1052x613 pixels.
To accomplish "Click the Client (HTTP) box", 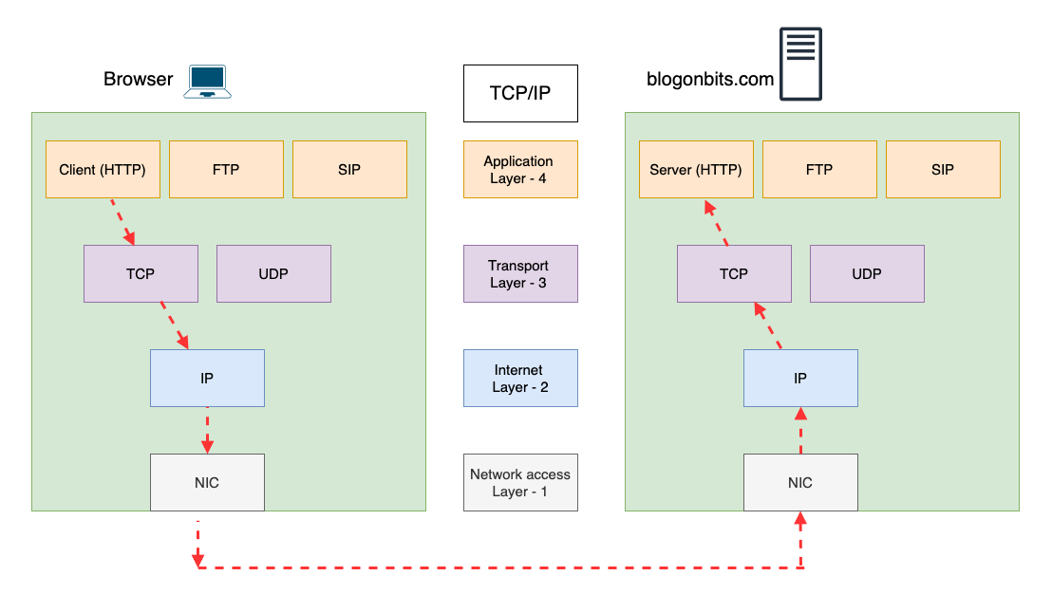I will point(103,170).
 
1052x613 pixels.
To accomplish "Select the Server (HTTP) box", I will point(696,170).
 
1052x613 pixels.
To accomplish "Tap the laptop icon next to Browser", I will point(209,82).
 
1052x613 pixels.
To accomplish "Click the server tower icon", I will point(800,64).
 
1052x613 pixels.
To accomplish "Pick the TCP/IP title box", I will point(520,93).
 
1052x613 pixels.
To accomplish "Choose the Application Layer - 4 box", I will point(520,170).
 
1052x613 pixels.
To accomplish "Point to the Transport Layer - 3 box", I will point(520,274).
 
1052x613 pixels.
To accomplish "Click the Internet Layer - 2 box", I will point(520,379).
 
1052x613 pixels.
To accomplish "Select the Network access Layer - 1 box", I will point(520,483).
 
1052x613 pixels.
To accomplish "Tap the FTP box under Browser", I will point(226,170).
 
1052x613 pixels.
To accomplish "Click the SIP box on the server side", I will point(943,170).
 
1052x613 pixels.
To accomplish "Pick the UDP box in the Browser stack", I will point(273,274).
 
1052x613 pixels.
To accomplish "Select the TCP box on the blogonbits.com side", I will point(734,274).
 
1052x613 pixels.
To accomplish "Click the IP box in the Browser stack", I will point(207,379).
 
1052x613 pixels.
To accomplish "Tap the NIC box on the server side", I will point(800,483).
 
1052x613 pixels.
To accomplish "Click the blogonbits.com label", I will point(710,80).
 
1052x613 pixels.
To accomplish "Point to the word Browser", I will point(139,80).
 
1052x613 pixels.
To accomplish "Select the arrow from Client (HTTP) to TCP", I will point(122,222).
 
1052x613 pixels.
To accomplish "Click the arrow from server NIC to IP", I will point(800,431).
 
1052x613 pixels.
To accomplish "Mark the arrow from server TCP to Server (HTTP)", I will point(715,222).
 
